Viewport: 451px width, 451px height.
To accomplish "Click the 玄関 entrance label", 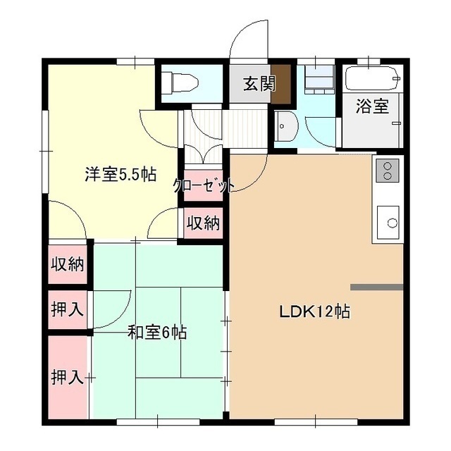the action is click(259, 83).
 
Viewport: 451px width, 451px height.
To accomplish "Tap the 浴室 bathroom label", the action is click(372, 106).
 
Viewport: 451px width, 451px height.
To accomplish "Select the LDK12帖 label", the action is click(315, 311).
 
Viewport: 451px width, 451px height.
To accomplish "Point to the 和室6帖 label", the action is click(157, 332).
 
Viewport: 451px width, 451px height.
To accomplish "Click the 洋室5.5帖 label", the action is click(121, 174).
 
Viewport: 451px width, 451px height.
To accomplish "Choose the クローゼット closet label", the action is click(204, 186).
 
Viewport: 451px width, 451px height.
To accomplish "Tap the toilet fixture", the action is click(180, 83).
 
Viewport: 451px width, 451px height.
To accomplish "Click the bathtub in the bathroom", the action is click(373, 78).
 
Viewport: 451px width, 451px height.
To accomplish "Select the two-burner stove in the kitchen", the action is click(388, 171).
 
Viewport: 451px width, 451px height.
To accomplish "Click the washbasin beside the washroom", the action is click(287, 126).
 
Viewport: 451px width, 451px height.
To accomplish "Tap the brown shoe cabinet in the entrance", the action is click(281, 84).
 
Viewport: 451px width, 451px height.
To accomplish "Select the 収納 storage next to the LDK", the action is click(204, 223).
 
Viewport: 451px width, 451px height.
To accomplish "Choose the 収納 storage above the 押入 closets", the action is click(68, 264).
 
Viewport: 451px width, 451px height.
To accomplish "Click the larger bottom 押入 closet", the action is click(68, 378).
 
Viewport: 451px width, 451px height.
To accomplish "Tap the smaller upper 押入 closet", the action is click(68, 309).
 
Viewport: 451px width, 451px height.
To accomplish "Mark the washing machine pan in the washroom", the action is click(319, 80).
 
